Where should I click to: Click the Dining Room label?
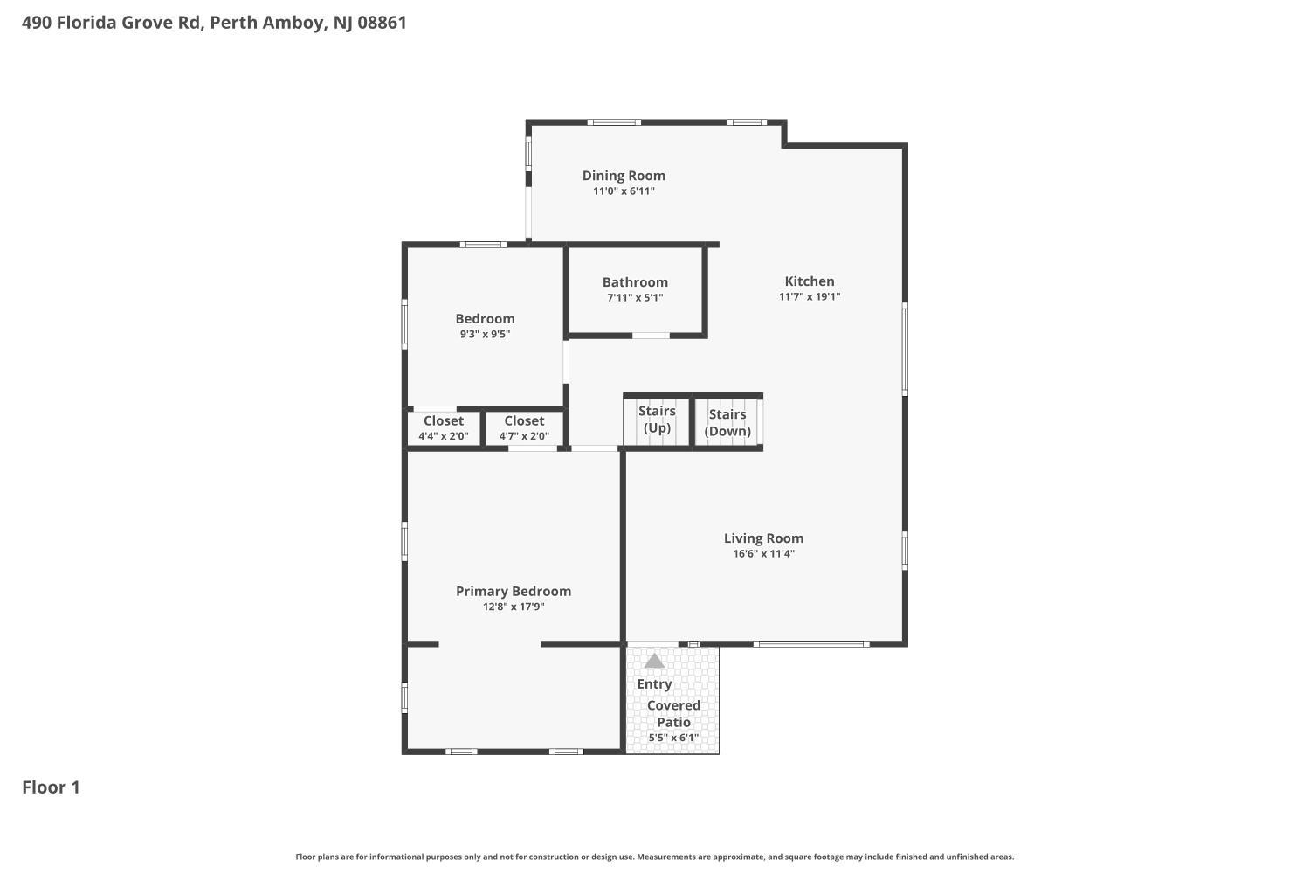(x=624, y=176)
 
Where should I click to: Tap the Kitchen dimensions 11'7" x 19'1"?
(x=809, y=296)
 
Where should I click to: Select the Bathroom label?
(x=635, y=282)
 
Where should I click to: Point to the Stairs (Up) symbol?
(x=657, y=420)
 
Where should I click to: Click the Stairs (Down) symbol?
(x=728, y=422)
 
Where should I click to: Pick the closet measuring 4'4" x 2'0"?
(x=444, y=428)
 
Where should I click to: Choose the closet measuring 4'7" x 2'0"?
(x=524, y=428)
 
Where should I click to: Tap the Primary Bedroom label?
(x=514, y=592)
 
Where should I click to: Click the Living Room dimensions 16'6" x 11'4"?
(x=763, y=553)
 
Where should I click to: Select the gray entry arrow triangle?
(x=654, y=662)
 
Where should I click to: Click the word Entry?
(x=654, y=684)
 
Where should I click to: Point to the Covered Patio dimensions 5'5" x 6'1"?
(x=673, y=738)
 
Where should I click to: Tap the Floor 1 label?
(x=51, y=787)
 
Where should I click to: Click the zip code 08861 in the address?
(x=382, y=23)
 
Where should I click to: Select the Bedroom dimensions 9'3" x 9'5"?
(x=485, y=334)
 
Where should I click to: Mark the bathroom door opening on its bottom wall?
(x=651, y=336)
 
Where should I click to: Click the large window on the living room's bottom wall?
(x=811, y=644)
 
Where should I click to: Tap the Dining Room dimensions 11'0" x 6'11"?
(x=624, y=191)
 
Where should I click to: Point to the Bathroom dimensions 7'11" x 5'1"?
(x=635, y=297)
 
